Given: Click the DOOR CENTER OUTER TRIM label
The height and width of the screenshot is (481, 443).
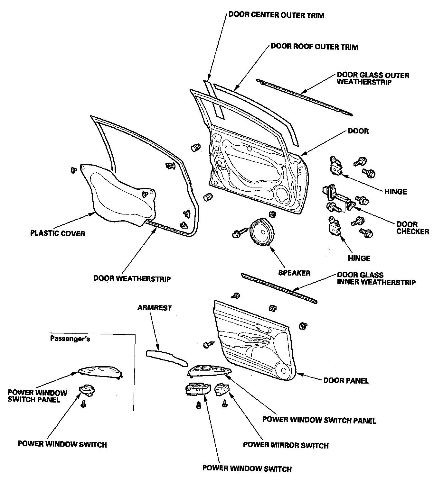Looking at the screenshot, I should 276,15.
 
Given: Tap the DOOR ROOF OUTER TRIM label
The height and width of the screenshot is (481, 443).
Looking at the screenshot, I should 314,47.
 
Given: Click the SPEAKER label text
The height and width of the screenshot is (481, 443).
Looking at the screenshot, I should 294,273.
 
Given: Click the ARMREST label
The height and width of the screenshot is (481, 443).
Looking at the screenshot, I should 155,308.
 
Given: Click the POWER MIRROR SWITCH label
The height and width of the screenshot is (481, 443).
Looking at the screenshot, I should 286,446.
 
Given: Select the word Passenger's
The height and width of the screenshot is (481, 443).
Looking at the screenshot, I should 70,339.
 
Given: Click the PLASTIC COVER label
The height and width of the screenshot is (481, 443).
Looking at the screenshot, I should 58,233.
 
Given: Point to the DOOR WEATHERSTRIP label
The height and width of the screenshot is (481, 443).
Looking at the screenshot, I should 132,278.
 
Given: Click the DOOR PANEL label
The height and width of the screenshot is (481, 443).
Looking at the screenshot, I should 346,381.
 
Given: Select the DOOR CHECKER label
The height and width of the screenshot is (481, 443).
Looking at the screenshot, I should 412,228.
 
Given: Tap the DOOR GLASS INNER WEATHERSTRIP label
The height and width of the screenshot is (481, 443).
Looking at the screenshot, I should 376,279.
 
